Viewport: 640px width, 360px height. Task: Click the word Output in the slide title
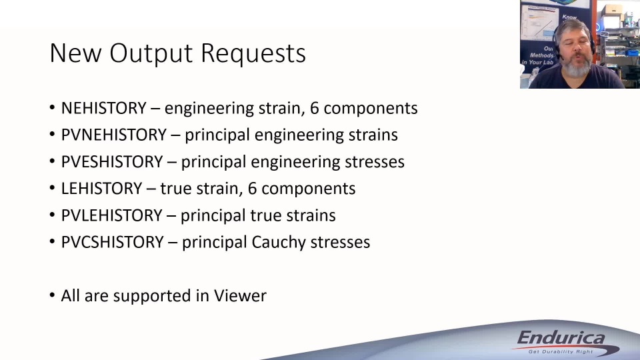click(151, 53)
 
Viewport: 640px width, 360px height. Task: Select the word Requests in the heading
click(253, 53)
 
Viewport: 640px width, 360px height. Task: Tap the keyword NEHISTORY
click(104, 108)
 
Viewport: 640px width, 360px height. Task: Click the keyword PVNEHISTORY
click(114, 135)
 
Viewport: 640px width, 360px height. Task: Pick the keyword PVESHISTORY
click(112, 161)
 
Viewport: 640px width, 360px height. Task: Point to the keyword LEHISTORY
click(101, 189)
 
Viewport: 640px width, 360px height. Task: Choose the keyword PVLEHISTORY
click(112, 215)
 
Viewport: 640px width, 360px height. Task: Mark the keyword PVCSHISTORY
click(112, 242)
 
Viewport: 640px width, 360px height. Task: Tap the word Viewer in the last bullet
click(240, 296)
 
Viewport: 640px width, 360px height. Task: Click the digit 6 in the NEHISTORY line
click(314, 108)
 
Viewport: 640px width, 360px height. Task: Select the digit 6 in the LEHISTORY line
click(252, 189)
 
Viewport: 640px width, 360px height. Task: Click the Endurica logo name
click(561, 339)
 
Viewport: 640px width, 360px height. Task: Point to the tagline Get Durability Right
click(561, 351)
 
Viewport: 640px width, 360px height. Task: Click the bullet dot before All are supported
click(52, 295)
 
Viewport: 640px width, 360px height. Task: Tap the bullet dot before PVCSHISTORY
click(52, 241)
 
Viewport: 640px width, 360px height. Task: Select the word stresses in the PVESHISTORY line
click(375, 161)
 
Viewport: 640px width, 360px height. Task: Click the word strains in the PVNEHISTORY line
click(373, 135)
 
